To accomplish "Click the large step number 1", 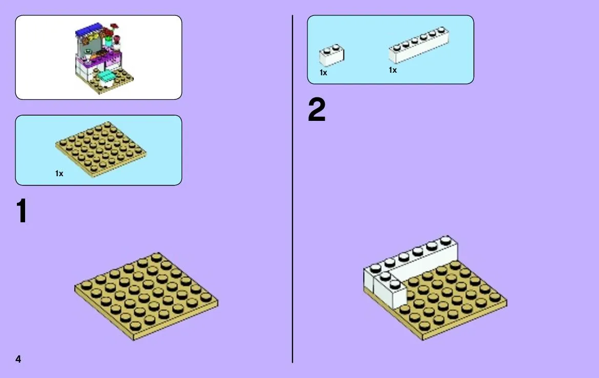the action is click(22, 211).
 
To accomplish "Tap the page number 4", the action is click(18, 359).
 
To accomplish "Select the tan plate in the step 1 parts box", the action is click(101, 149).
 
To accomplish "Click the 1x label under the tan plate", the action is click(59, 173).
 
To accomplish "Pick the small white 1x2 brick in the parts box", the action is click(332, 55).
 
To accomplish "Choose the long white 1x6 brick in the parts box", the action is click(419, 45).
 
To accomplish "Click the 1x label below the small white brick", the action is click(323, 73).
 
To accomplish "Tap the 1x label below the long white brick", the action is click(393, 70).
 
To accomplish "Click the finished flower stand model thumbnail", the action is click(104, 58).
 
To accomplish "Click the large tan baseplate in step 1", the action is click(147, 296).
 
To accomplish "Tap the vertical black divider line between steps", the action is click(293, 189).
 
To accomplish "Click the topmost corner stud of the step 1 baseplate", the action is click(156, 256).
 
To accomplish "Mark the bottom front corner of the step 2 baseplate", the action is click(423, 339).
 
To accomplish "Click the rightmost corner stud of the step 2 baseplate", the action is click(495, 297).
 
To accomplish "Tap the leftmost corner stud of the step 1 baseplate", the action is click(87, 285).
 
